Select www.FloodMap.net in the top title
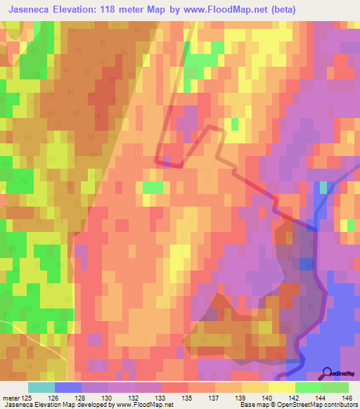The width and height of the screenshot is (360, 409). (226, 10)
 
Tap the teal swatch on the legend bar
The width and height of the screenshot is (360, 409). (41, 387)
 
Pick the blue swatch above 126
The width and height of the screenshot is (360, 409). (67, 387)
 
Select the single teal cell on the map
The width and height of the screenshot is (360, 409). (323, 188)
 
